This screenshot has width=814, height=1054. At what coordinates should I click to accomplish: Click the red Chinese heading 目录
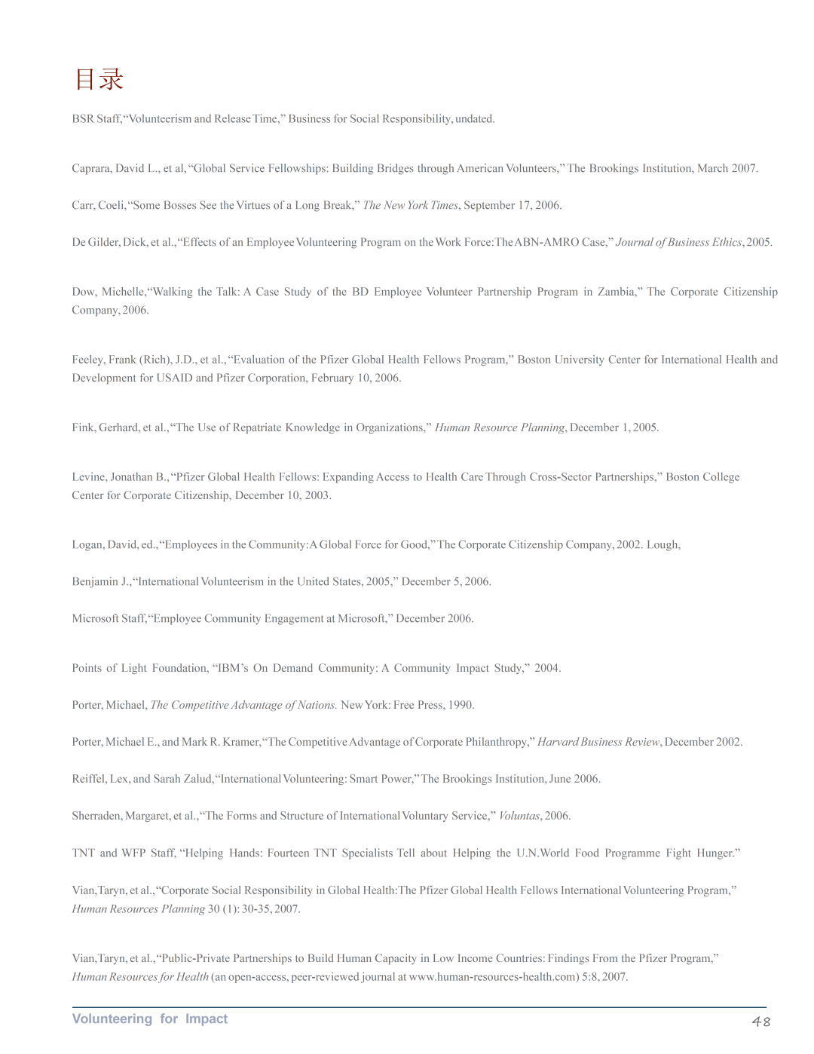coord(99,79)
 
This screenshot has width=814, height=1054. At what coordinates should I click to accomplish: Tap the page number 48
coord(761,1022)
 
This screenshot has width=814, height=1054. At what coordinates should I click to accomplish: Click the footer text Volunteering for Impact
coord(149,1019)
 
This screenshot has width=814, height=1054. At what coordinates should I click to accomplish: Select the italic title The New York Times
coord(410,205)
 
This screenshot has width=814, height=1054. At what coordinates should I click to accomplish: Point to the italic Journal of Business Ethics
coord(678,242)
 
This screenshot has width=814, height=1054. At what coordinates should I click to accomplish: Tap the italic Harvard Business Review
coord(598,742)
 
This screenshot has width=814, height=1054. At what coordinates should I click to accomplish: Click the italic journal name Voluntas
coord(519,816)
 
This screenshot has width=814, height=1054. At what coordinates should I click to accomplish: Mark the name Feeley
coord(88,360)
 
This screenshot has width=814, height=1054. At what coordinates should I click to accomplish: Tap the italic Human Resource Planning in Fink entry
coord(499,427)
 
